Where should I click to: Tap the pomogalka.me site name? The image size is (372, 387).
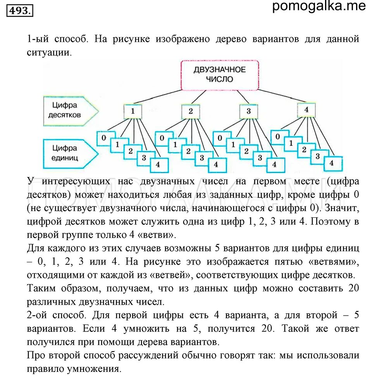(x=319, y=6)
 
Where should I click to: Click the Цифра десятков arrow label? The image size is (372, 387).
(x=65, y=110)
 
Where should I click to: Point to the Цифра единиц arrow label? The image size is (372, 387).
(x=65, y=153)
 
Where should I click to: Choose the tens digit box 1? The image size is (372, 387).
(x=133, y=111)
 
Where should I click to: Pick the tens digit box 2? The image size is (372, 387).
(x=190, y=111)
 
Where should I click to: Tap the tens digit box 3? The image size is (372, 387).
(x=248, y=111)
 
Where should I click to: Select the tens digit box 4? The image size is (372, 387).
(x=307, y=110)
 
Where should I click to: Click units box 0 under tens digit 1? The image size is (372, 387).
(x=104, y=138)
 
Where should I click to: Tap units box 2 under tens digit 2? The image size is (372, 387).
(x=188, y=151)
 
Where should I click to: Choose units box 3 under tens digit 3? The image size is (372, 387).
(x=260, y=158)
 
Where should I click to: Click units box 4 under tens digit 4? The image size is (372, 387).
(x=331, y=163)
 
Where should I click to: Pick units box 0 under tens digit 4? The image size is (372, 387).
(x=277, y=137)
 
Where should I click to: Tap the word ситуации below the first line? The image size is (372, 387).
(x=49, y=52)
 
